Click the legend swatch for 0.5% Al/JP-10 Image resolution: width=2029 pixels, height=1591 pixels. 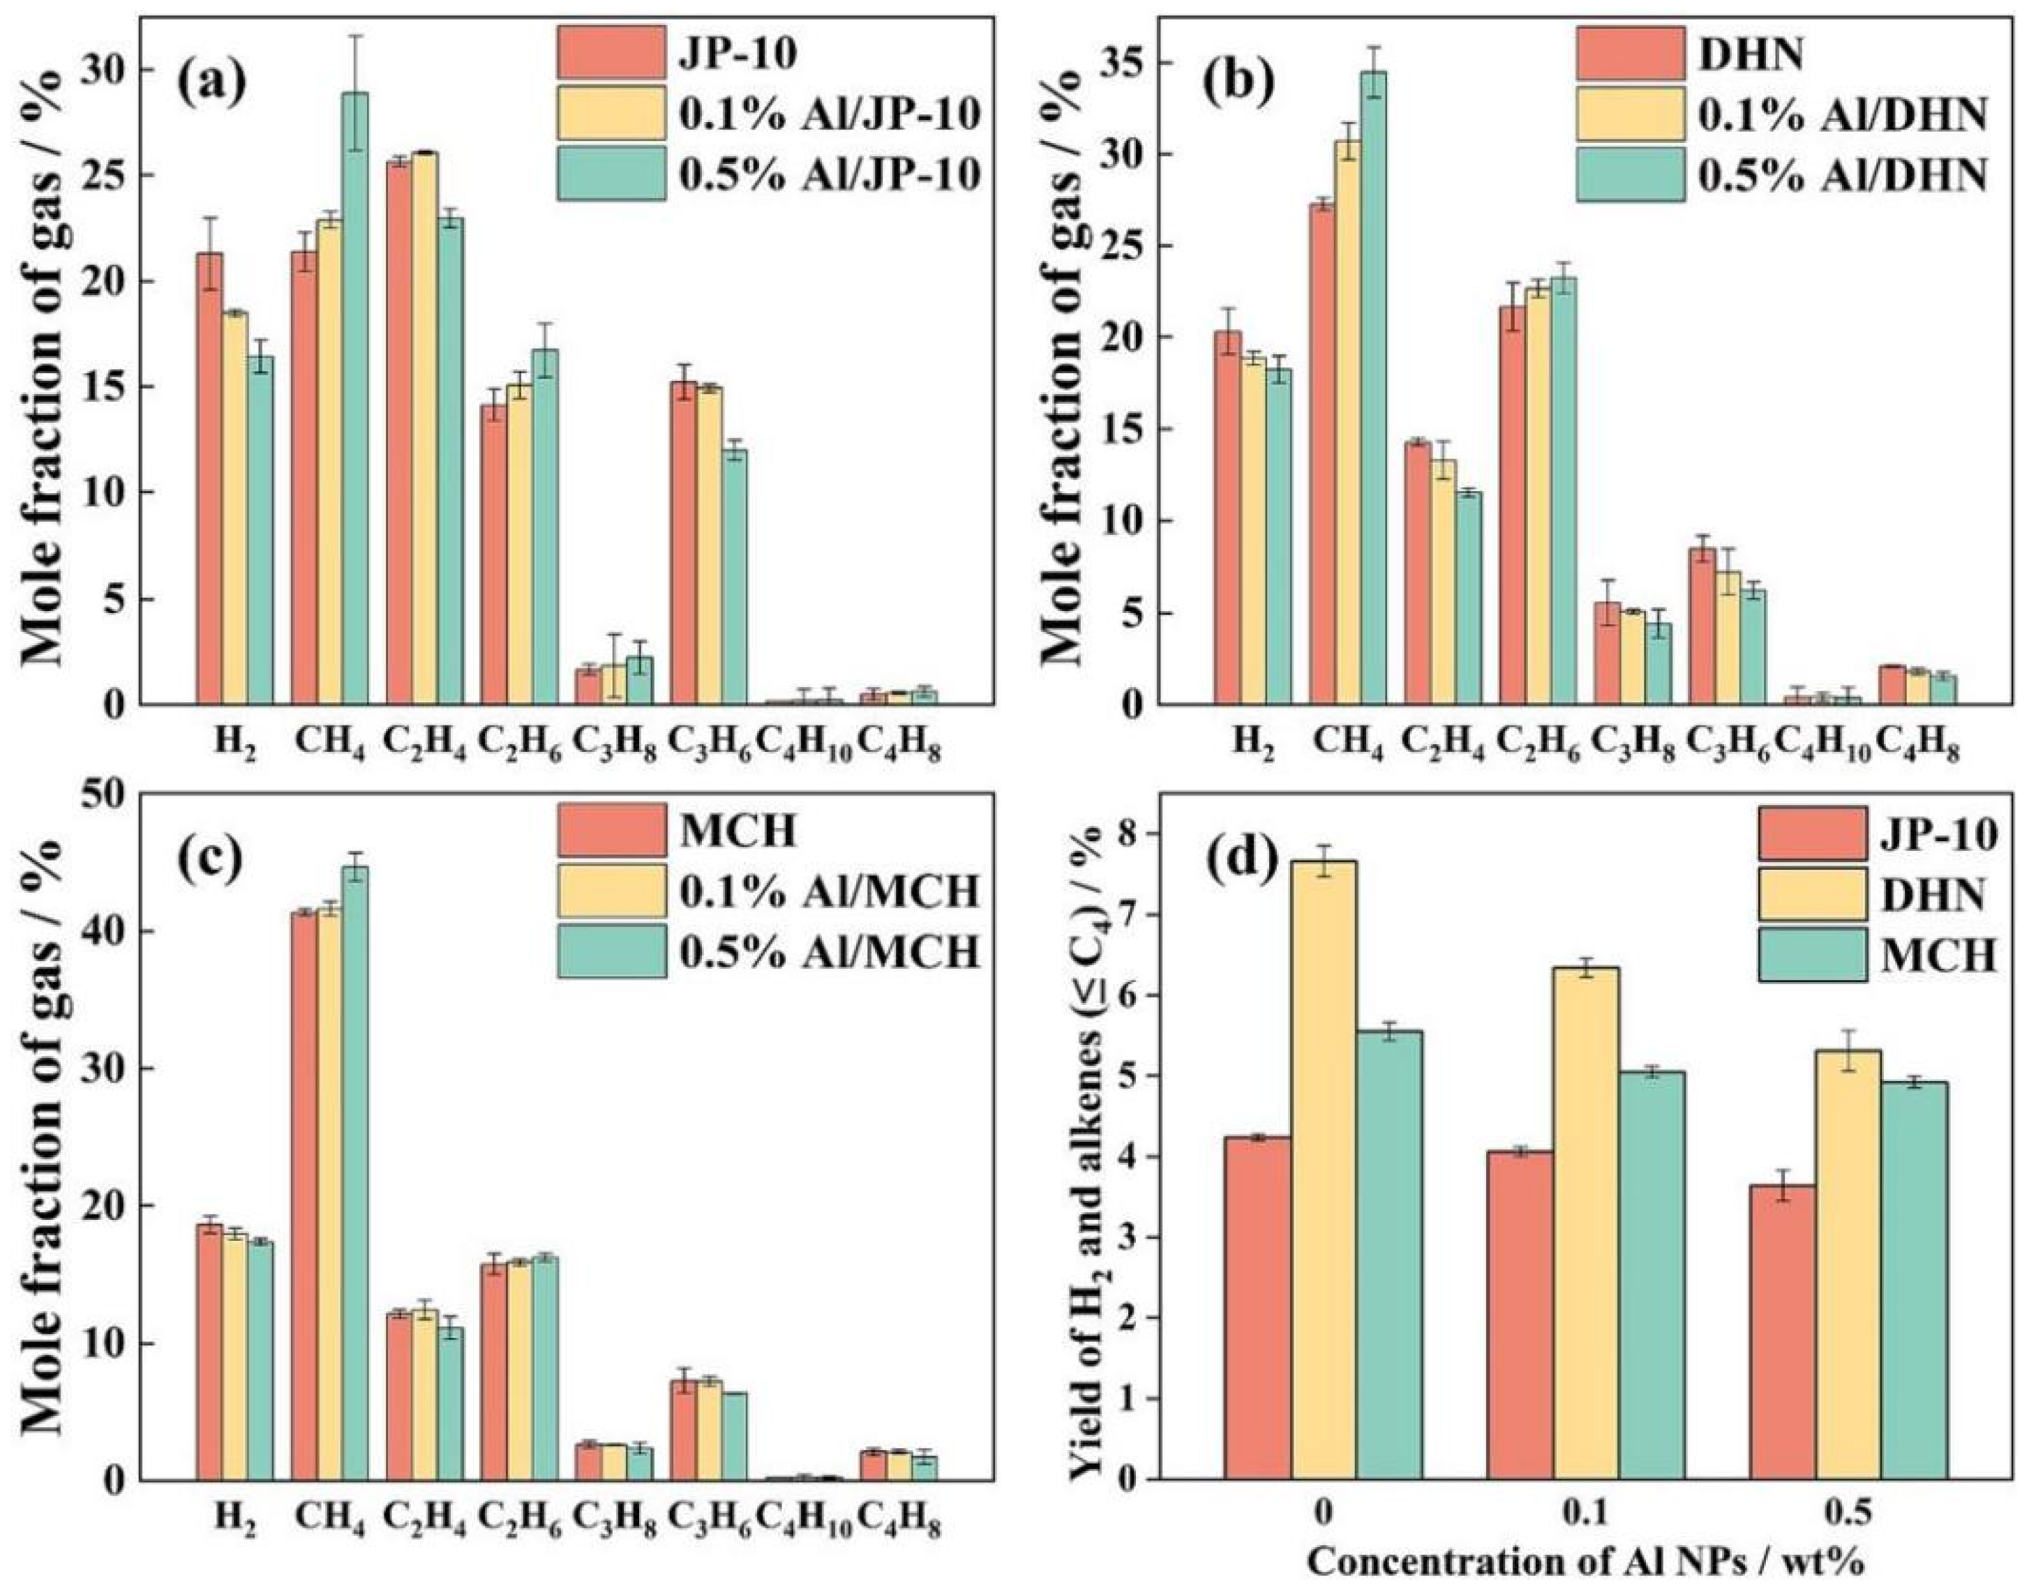tap(612, 173)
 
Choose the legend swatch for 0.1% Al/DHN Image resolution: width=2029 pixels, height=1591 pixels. tap(1631, 114)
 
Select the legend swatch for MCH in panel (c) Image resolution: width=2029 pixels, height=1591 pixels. tap(612, 830)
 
